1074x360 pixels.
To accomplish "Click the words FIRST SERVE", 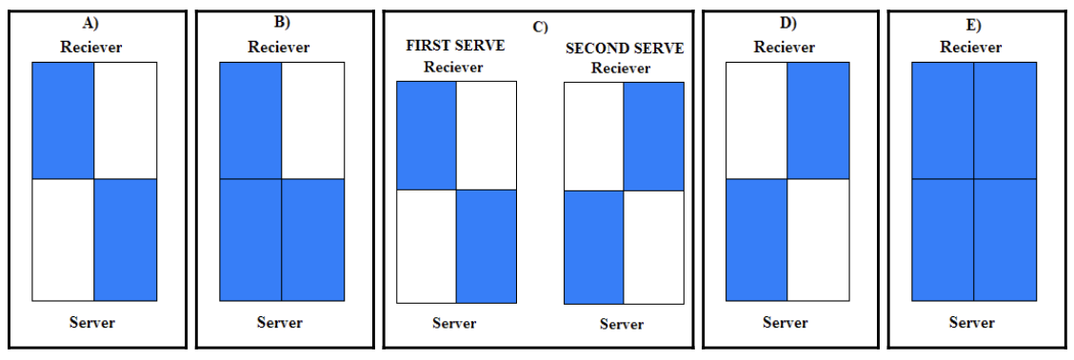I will click(x=455, y=46).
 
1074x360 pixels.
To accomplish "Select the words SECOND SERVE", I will click(x=624, y=48).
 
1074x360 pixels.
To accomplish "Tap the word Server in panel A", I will click(x=92, y=322).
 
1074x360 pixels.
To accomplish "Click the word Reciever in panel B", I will click(x=280, y=47).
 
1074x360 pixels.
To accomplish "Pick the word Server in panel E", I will click(x=972, y=322).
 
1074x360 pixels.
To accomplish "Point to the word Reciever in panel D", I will click(x=786, y=47).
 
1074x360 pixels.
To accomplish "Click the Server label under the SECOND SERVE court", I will click(x=622, y=324).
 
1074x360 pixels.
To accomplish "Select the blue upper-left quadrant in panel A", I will click(x=63, y=120).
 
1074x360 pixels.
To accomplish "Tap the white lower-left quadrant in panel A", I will click(x=63, y=239).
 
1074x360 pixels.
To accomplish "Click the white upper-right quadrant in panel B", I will click(x=312, y=120).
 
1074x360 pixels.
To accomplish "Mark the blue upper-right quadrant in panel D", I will click(x=817, y=120).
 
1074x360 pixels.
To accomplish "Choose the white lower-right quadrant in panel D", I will click(x=817, y=239).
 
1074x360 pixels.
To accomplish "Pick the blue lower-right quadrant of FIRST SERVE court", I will click(x=486, y=246).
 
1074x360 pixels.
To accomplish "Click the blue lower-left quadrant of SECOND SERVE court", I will click(x=594, y=248).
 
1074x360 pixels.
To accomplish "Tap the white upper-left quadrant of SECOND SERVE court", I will click(x=594, y=136).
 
